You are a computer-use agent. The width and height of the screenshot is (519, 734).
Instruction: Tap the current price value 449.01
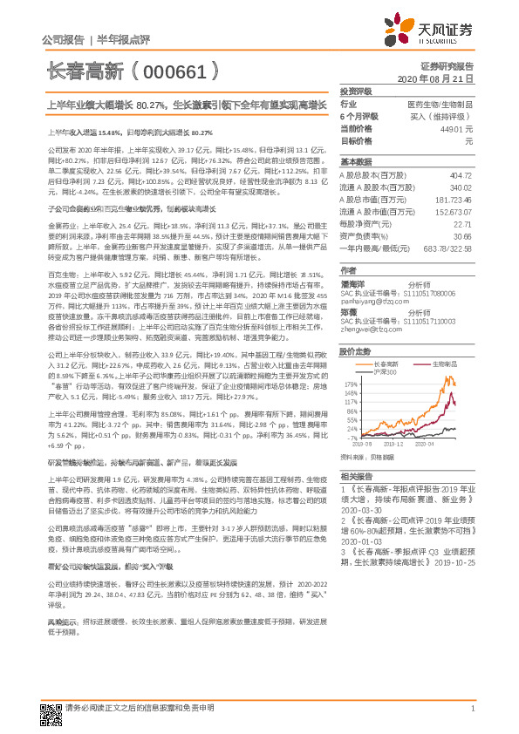coord(456,128)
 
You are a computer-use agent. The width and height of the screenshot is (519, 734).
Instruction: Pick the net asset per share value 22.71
coord(463,224)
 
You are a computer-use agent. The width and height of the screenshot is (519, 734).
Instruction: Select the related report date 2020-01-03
coord(360,539)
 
